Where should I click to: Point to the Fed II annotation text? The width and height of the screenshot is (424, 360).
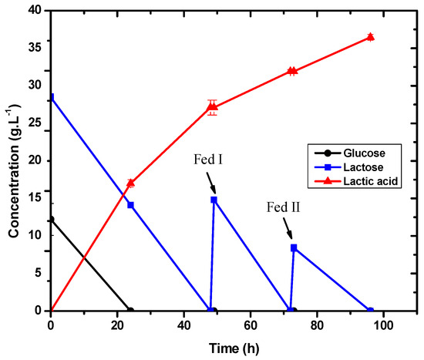click(275, 207)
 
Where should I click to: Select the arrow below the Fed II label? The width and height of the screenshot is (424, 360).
click(288, 231)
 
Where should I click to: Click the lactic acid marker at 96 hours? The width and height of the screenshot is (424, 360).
click(371, 37)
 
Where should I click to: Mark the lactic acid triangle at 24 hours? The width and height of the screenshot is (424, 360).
click(130, 183)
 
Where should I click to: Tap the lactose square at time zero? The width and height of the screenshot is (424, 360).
click(51, 97)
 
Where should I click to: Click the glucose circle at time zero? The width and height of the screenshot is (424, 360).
click(51, 220)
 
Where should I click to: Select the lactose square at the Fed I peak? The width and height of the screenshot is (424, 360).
click(214, 200)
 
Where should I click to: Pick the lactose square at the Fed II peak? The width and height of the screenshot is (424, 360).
click(294, 247)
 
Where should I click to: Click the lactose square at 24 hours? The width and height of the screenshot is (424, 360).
click(130, 205)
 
